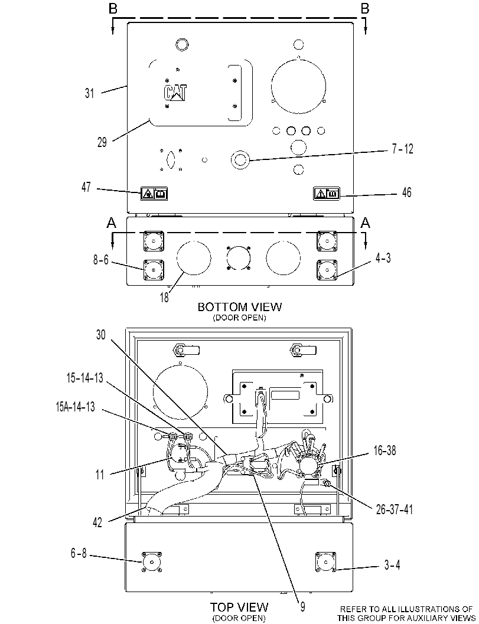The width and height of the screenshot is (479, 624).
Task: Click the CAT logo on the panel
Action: coord(175,93)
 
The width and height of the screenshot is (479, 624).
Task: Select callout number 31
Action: coord(90,93)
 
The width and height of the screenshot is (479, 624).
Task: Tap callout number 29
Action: coord(102,142)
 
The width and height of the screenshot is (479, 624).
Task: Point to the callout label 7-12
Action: coord(403,149)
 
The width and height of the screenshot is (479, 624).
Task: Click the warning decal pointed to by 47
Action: coord(155,194)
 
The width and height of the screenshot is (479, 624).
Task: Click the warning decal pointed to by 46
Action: coord(327,193)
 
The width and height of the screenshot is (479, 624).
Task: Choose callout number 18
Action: coord(164,298)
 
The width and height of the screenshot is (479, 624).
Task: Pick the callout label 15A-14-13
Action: coord(75,407)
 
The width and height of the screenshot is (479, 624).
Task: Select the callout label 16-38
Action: coord(384,450)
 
